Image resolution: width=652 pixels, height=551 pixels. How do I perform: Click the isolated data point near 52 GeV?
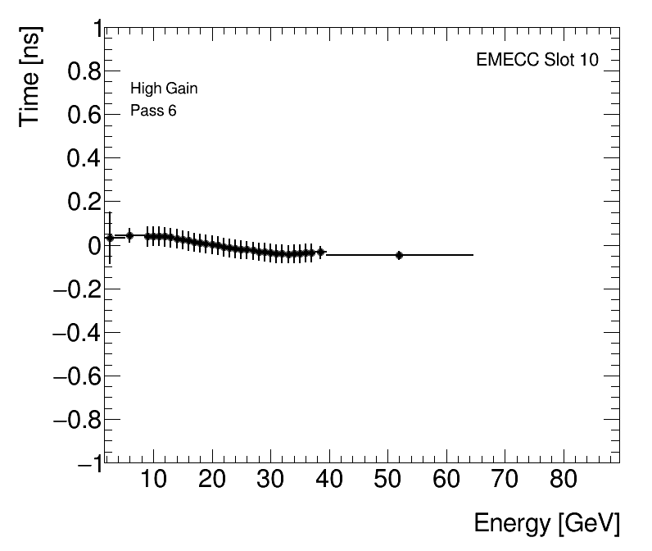(399, 255)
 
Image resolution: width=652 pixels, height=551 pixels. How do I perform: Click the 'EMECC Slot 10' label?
(537, 61)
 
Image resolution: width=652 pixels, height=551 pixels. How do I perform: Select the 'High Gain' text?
(164, 89)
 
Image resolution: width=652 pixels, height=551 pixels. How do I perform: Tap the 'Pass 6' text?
(153, 111)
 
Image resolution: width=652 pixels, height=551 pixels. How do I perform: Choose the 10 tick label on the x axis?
(153, 480)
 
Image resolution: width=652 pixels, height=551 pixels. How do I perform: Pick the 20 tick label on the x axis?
(212, 480)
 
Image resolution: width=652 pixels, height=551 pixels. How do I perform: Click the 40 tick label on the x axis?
(329, 480)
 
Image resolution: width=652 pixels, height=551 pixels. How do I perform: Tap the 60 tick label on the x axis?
(446, 480)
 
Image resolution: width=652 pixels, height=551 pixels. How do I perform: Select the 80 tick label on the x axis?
(564, 480)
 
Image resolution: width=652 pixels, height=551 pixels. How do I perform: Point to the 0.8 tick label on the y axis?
(81, 73)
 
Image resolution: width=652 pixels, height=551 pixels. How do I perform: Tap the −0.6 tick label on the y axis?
(75, 376)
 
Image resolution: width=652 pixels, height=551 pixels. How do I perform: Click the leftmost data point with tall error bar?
(110, 238)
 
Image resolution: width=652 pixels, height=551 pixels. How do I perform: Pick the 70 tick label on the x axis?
(505, 480)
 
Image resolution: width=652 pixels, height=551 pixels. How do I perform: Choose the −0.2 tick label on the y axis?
(75, 289)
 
